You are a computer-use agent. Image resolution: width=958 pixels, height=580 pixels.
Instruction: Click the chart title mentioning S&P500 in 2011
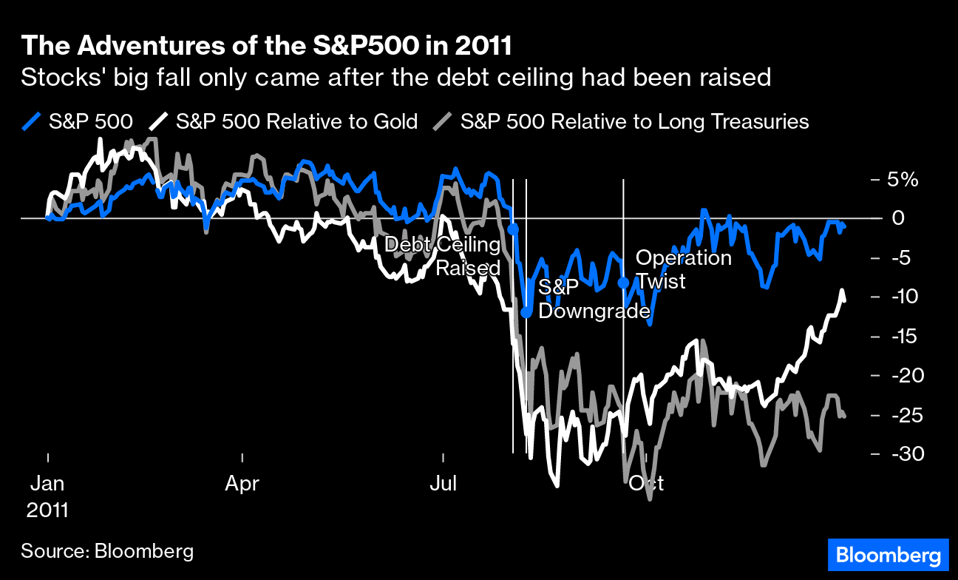266,46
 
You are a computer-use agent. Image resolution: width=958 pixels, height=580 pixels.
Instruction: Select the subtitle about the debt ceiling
395,77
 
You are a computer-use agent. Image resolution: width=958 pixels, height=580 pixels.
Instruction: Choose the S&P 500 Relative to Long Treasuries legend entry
621,121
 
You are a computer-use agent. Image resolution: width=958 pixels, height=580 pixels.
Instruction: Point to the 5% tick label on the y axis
903,180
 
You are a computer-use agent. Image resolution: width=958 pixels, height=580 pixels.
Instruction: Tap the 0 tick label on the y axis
899,219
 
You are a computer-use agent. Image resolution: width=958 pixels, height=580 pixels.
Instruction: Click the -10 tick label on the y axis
903,297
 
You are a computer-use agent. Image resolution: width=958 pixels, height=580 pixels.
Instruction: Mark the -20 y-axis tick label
903,376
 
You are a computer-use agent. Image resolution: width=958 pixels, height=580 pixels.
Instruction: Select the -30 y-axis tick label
903,454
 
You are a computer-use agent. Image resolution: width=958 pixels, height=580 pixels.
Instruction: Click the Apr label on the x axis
242,484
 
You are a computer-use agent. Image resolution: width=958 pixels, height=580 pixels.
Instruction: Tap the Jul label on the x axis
444,484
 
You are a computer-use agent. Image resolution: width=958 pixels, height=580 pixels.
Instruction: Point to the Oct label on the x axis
646,484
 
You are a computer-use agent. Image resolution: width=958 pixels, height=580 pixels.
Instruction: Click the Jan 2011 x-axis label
47,496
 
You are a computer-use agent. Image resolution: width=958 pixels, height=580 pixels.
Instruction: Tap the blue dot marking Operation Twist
623,282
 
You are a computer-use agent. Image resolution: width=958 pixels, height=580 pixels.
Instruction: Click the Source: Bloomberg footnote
107,550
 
